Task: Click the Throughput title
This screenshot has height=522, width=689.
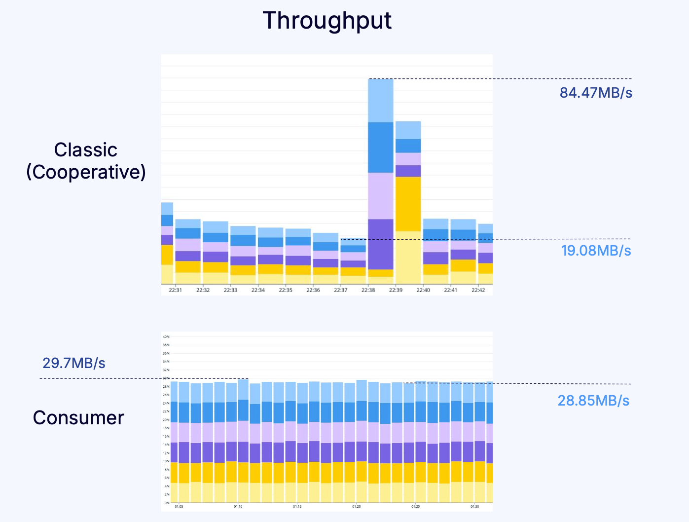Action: (x=327, y=21)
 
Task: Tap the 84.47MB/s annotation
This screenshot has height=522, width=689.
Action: (x=596, y=93)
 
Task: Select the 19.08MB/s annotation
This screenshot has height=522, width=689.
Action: (x=596, y=251)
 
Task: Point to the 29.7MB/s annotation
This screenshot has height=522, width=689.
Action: (x=74, y=363)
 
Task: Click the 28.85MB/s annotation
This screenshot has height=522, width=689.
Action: (x=593, y=400)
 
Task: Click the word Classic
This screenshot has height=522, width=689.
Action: (x=86, y=150)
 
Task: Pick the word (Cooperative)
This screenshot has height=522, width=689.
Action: (x=86, y=172)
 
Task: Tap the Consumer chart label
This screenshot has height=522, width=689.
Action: (x=78, y=418)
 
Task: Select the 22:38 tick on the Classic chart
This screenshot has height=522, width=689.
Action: (x=368, y=290)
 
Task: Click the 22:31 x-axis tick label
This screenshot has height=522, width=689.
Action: (x=175, y=290)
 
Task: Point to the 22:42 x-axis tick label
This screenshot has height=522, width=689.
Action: (x=478, y=290)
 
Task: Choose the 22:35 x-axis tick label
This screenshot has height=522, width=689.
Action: (x=286, y=290)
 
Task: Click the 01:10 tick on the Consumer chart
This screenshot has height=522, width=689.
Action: (x=238, y=506)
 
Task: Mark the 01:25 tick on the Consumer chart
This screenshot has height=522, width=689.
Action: (x=415, y=506)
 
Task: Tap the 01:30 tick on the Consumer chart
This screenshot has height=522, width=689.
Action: (x=474, y=506)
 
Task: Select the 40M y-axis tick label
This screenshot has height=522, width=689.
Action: (x=166, y=337)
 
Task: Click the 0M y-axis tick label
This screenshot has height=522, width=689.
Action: (x=167, y=503)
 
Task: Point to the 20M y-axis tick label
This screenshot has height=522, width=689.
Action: (x=166, y=420)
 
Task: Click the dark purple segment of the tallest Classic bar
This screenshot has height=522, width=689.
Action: (x=381, y=244)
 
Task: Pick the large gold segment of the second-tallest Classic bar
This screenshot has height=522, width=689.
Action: (x=408, y=204)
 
